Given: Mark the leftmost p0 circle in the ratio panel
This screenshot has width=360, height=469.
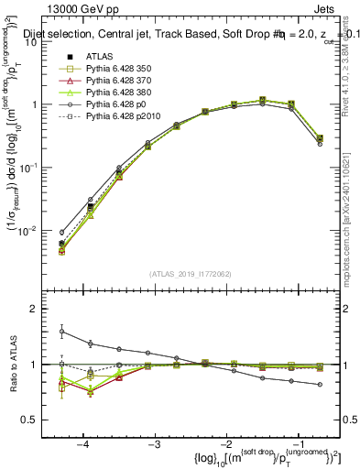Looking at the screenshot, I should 61,332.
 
